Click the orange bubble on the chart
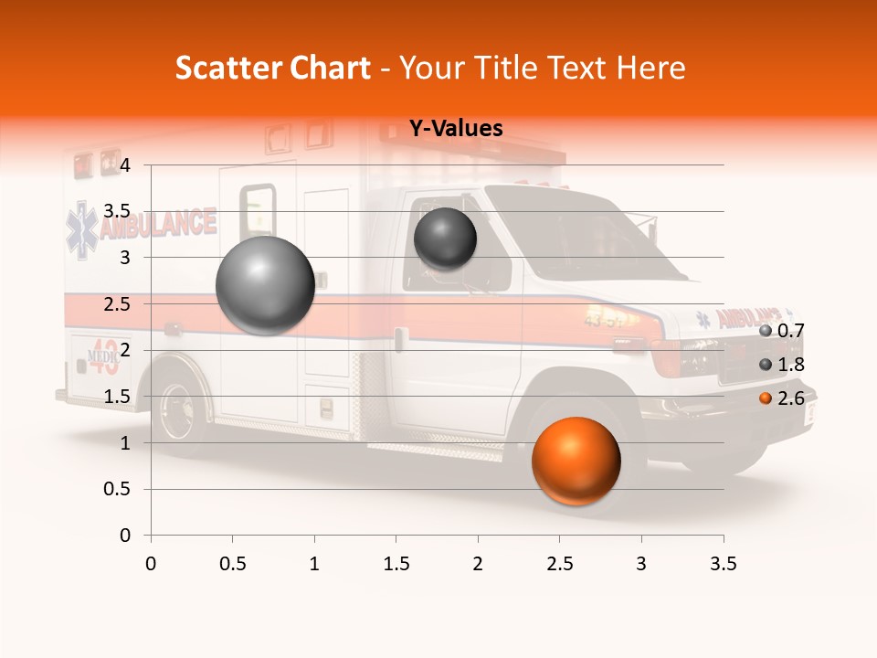click(x=576, y=461)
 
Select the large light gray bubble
click(x=266, y=285)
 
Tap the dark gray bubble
click(x=445, y=239)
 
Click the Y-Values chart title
click(x=455, y=129)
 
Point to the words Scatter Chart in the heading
click(x=272, y=68)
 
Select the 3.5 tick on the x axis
click(x=723, y=564)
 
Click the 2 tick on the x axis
click(x=478, y=564)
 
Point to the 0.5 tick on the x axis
click(x=233, y=564)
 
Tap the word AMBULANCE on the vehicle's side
click(x=157, y=224)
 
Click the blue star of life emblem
click(x=81, y=229)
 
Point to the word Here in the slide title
click(x=651, y=68)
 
